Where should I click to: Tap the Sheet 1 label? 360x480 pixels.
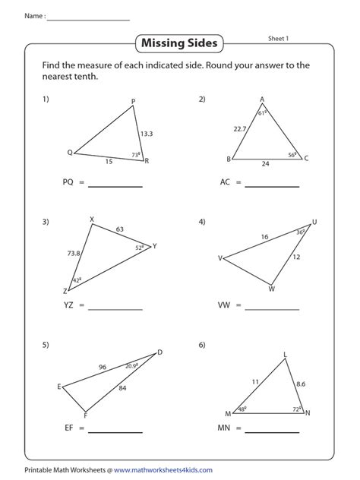pos(283,36)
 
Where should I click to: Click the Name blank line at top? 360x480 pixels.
pos(88,19)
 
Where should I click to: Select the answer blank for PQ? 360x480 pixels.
pos(115,185)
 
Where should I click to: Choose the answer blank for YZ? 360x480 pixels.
pos(115,308)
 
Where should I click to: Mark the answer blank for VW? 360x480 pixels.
pos(272,308)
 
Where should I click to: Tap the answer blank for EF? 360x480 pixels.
pos(115,431)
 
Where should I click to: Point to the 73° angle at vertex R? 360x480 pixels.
pos(137,154)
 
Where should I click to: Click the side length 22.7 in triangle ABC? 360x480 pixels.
pos(240,129)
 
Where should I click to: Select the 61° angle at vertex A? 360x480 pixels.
pos(262,113)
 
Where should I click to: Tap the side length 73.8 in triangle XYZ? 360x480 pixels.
pos(74,254)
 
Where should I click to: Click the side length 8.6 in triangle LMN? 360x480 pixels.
pos(301,385)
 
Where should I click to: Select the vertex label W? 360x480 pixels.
pos(271,289)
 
